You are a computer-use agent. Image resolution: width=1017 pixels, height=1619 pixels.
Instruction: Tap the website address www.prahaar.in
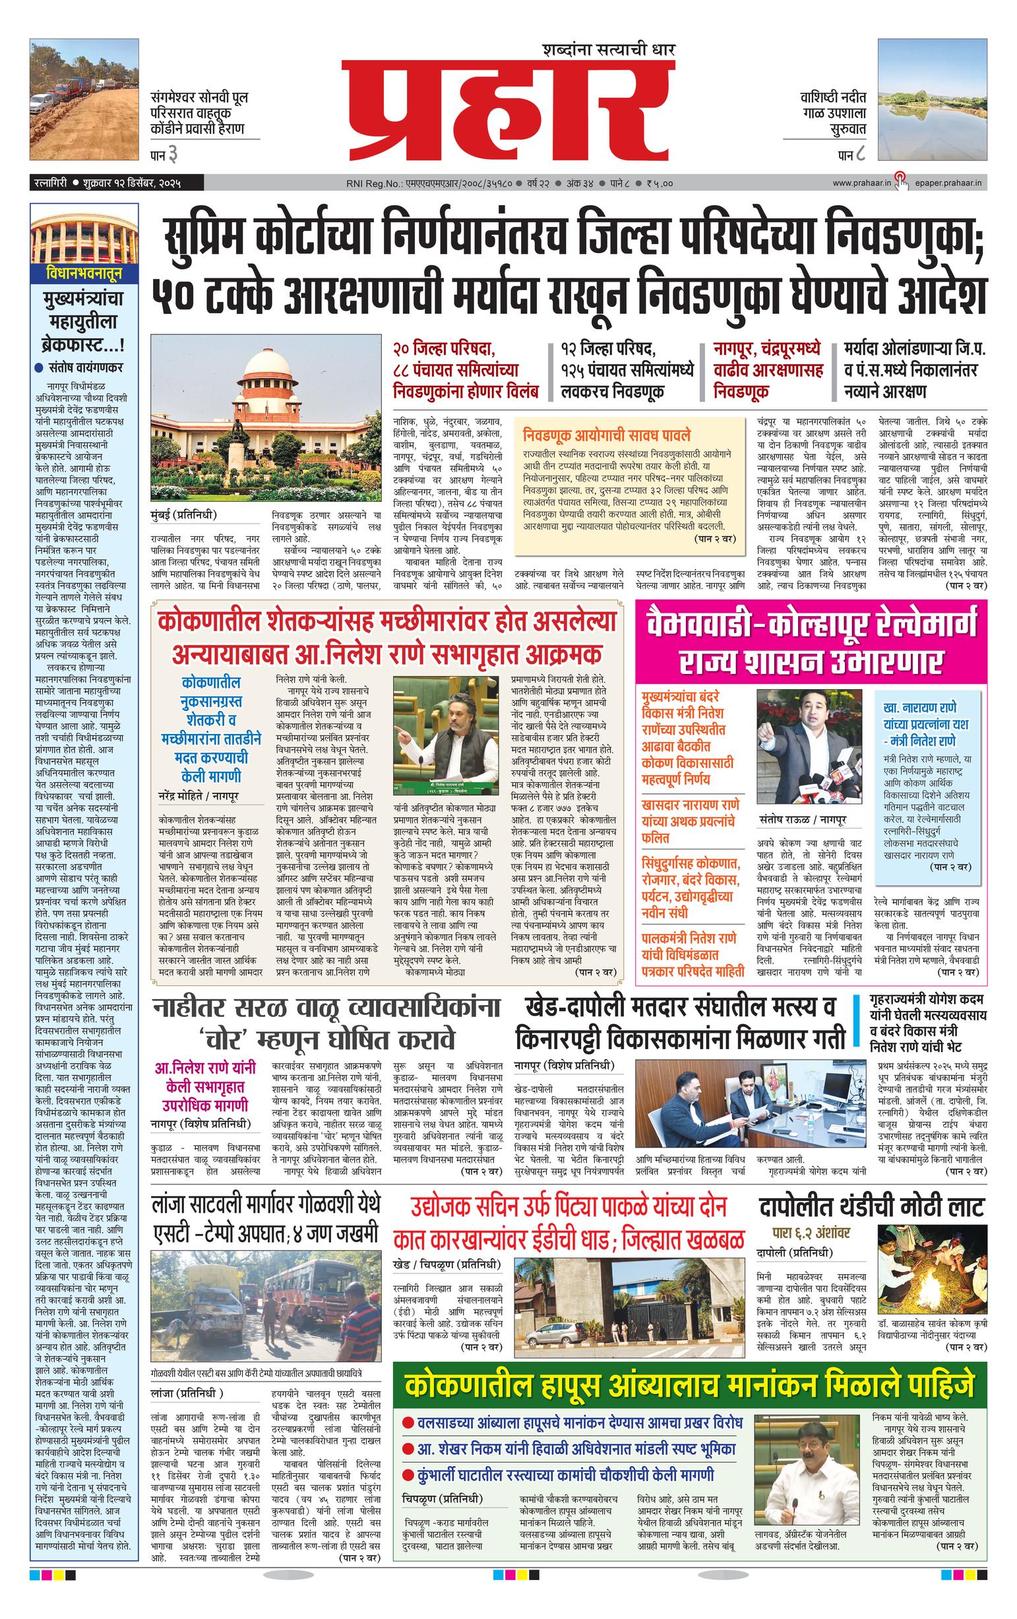tap(861, 183)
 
